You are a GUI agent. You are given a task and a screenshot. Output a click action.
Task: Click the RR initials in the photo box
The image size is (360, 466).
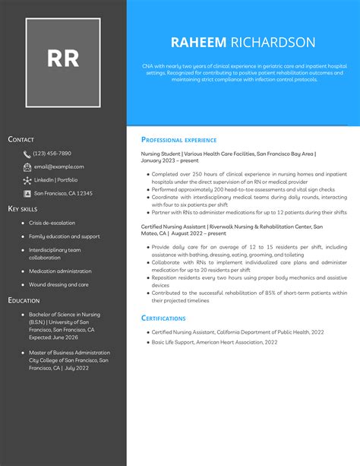(63, 59)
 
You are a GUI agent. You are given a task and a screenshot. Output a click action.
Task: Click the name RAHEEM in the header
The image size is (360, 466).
(198, 43)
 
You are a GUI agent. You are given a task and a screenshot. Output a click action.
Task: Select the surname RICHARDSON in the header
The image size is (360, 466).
(273, 43)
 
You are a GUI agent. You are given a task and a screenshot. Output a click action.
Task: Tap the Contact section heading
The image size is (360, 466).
(21, 140)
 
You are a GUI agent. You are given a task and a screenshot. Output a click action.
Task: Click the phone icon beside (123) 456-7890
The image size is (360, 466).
(27, 154)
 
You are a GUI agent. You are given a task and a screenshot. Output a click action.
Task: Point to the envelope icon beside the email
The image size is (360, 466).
(27, 166)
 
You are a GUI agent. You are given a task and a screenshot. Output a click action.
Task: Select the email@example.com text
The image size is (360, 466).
(58, 166)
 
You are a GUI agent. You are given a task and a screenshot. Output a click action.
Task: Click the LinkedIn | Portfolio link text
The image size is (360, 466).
(55, 180)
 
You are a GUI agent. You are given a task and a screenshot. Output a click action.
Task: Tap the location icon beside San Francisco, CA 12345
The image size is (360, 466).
(27, 193)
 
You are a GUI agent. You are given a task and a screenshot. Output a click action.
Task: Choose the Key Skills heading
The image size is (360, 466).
(23, 208)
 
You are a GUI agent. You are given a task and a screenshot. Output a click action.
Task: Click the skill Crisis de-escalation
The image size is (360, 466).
(52, 223)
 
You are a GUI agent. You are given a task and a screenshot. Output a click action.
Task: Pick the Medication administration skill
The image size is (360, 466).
(60, 271)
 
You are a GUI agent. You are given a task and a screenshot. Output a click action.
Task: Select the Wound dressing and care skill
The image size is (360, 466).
(58, 284)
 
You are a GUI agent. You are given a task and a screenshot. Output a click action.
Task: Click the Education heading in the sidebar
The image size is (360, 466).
(24, 300)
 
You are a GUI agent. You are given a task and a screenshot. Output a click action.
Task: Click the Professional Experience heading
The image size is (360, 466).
(179, 140)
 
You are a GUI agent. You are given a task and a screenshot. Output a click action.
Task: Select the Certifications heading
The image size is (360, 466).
(163, 318)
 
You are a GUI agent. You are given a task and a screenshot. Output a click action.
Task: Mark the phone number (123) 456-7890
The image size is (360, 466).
(52, 154)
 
